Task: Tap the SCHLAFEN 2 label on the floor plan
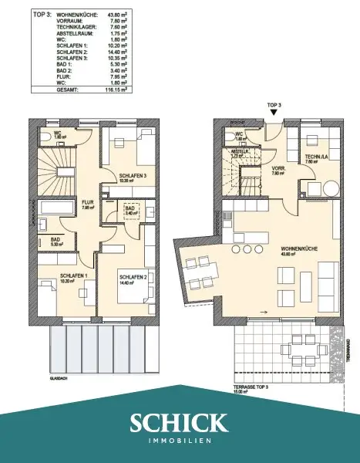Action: click(x=133, y=275)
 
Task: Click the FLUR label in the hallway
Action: click(x=88, y=204)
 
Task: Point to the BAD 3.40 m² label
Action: click(x=131, y=210)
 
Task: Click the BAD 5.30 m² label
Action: click(x=56, y=241)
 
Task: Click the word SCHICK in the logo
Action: click(x=180, y=423)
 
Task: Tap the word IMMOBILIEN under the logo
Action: click(x=180, y=441)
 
